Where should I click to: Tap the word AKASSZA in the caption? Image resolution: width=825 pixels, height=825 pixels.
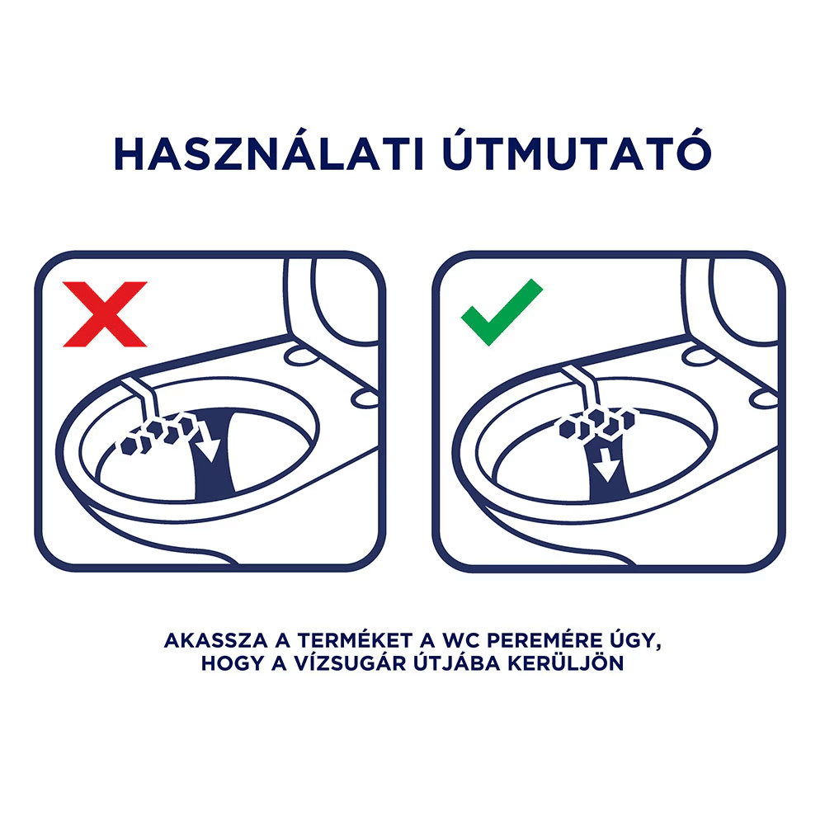tap(208, 641)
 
